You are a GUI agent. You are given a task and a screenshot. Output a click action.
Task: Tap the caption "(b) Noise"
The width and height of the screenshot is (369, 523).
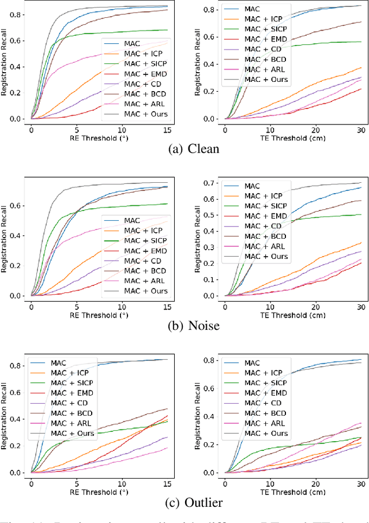pos(184,325)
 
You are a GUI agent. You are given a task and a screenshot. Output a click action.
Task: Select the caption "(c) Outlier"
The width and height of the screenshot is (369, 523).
pos(184,502)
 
